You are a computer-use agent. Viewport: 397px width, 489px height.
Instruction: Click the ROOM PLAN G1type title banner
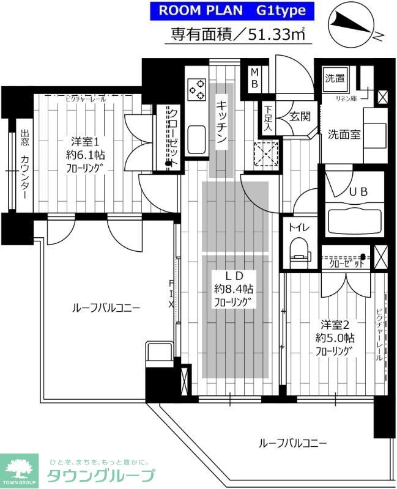[x=232, y=10]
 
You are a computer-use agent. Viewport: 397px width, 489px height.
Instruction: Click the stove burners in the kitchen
[x=198, y=90]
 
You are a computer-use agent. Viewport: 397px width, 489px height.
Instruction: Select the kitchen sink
[x=197, y=140]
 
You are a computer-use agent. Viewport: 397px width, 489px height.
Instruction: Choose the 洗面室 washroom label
[x=344, y=134]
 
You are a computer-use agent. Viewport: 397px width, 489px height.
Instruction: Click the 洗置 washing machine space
[x=335, y=78]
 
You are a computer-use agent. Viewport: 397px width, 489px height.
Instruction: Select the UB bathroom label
[x=357, y=191]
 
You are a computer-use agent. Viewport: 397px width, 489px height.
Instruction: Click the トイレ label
[x=299, y=227]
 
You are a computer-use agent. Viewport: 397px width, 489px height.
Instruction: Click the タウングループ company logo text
[x=101, y=476]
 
